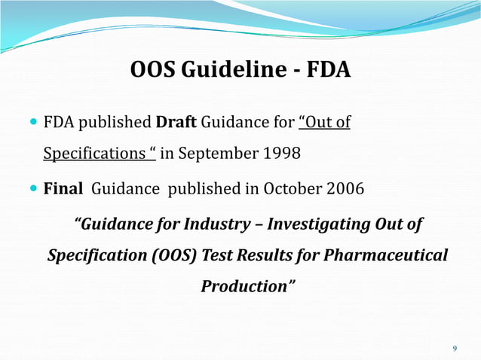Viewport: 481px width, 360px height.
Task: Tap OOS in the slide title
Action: (x=152, y=72)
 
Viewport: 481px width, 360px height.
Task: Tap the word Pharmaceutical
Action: (x=386, y=255)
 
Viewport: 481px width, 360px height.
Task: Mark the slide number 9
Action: (x=454, y=348)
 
